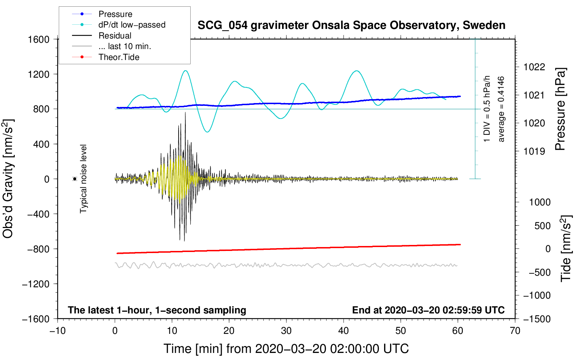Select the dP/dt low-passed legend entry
tap(132, 25)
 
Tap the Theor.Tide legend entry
tap(119, 57)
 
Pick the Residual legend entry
tap(115, 36)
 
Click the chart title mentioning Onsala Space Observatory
tap(351, 25)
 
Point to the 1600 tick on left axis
tap(38, 40)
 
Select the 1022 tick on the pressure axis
tap(534, 67)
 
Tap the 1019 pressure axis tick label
tap(534, 151)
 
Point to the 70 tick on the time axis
tap(515, 331)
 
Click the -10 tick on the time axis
tap(58, 331)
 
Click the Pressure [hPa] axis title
tap(560, 109)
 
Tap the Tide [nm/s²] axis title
tap(566, 248)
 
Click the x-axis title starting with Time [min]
tap(286, 349)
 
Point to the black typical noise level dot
tap(75, 179)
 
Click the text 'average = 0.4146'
tap(501, 109)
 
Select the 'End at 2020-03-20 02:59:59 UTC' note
tap(428, 310)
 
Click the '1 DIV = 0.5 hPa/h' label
tap(487, 109)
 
